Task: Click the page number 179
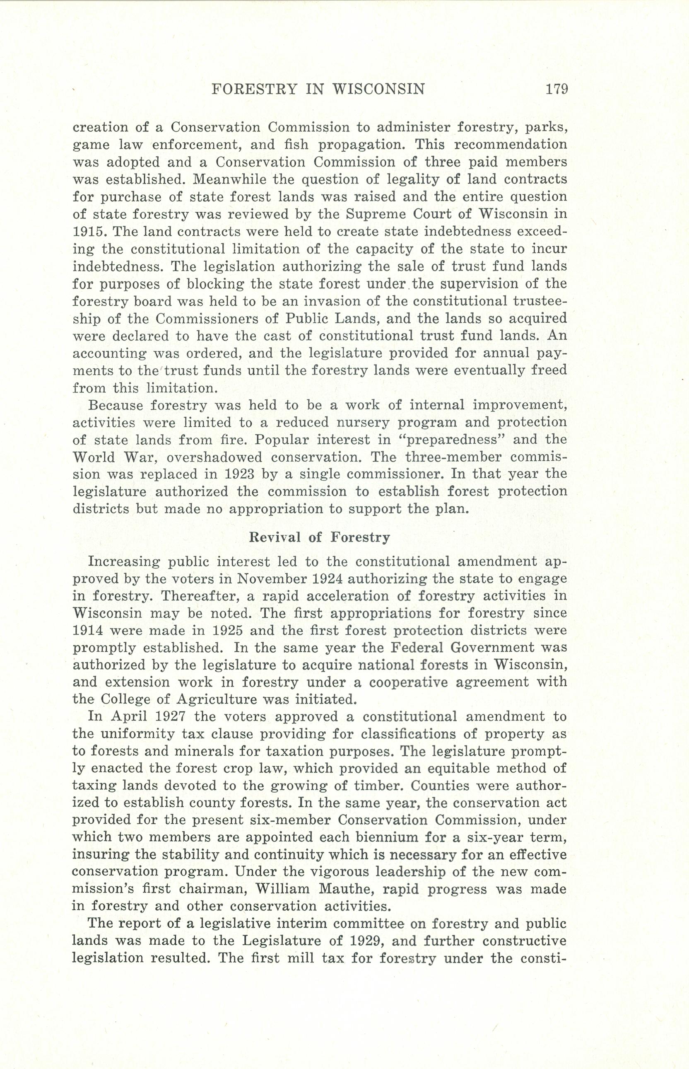(x=556, y=89)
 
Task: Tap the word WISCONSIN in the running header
(x=379, y=89)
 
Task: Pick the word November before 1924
(x=272, y=579)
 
